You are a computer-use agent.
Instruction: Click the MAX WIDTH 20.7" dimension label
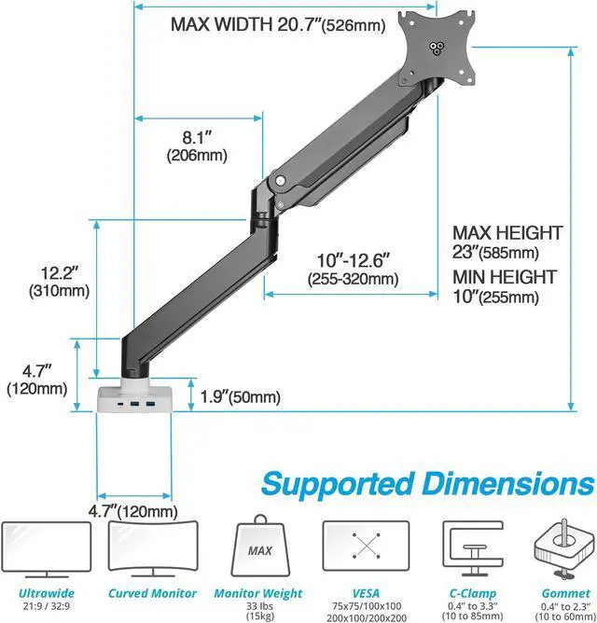click(278, 24)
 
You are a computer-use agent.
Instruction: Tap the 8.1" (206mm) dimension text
click(197, 146)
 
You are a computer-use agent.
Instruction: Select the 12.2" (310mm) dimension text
click(59, 282)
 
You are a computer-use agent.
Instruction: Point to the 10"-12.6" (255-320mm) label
click(353, 270)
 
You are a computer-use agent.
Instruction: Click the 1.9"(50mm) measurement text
click(240, 396)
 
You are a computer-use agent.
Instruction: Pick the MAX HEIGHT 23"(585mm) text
click(507, 242)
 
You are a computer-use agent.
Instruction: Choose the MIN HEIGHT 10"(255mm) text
click(505, 286)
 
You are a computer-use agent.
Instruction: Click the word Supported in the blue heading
click(338, 484)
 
